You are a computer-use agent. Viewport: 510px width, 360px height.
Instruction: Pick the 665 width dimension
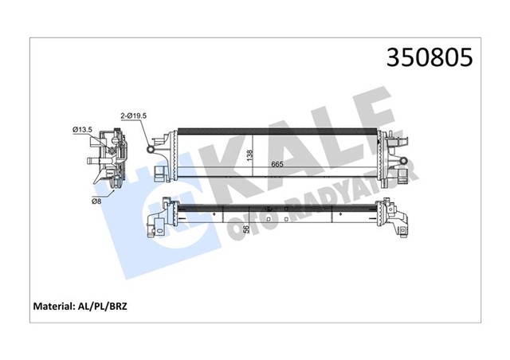pos(277,165)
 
